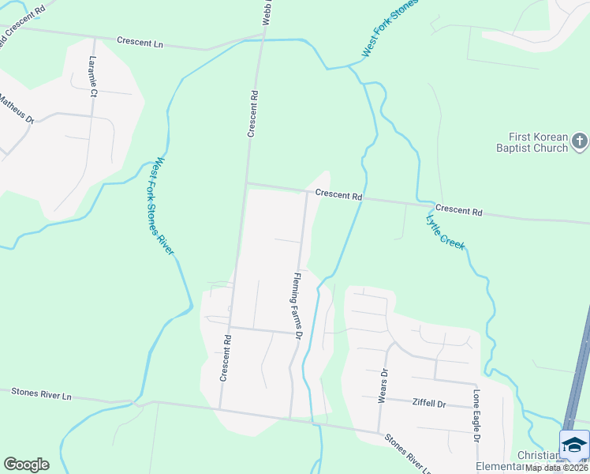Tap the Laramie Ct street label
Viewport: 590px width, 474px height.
coord(93,77)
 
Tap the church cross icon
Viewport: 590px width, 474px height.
coord(579,141)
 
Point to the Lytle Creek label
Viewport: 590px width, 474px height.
coord(446,232)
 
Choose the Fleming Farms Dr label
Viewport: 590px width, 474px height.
coord(297,306)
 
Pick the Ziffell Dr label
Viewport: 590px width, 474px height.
coord(429,404)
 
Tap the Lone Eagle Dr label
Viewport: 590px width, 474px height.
coord(476,416)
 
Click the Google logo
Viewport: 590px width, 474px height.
coord(26,465)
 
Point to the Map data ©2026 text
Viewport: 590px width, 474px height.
coord(557,467)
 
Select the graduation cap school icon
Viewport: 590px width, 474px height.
coord(574,445)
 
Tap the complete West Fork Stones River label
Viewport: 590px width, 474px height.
coord(165,206)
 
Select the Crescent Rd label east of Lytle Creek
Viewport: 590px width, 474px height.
coord(458,211)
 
